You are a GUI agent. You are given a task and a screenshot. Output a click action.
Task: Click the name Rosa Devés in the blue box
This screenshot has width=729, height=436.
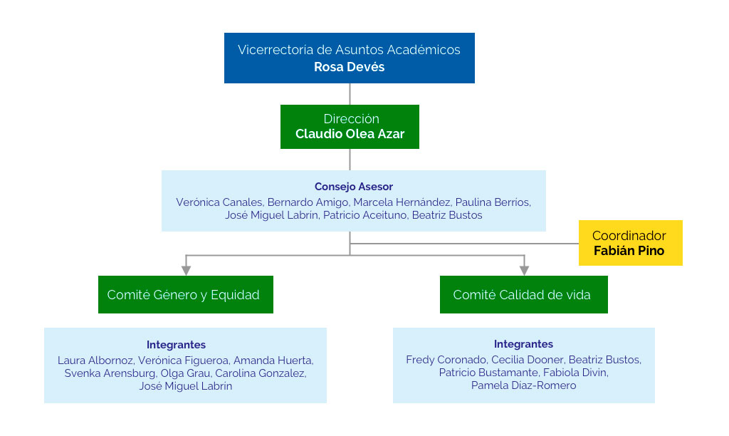(x=349, y=67)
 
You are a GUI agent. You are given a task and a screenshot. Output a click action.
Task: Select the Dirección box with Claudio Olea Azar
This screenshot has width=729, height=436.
(x=350, y=127)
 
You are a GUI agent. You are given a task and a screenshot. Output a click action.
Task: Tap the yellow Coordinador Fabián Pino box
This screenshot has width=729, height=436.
(x=630, y=243)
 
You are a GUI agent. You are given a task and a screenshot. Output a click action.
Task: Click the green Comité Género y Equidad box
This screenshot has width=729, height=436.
(x=185, y=294)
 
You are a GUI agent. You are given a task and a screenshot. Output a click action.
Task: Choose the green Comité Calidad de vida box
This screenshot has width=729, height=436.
(x=523, y=294)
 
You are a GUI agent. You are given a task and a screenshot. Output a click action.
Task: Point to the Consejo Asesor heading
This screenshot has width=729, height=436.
(x=353, y=187)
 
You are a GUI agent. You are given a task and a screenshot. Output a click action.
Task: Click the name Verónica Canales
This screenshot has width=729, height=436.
(x=219, y=202)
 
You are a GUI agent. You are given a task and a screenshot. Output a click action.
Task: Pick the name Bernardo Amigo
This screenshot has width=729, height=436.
(x=308, y=202)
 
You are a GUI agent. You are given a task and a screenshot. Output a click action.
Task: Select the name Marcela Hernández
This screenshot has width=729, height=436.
(x=402, y=202)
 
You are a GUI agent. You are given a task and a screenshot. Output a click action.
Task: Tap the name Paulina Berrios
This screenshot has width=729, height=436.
(x=493, y=202)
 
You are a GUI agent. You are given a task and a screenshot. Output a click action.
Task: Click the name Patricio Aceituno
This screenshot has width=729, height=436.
(x=366, y=215)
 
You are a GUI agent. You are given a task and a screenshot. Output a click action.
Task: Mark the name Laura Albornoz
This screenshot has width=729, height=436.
(x=95, y=360)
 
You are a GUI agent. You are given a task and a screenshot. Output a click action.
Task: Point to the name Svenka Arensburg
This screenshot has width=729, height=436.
(x=109, y=373)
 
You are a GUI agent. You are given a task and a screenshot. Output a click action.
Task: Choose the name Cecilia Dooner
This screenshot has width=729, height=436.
(x=527, y=360)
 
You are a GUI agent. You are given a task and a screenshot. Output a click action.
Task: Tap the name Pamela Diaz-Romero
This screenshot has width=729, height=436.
(x=523, y=385)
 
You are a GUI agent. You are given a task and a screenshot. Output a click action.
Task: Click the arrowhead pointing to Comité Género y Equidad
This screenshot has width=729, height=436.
(x=186, y=270)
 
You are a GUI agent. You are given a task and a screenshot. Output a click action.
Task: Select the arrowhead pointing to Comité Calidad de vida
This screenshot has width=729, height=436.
(x=524, y=270)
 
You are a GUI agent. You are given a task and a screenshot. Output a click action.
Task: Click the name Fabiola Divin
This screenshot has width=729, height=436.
(x=575, y=373)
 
